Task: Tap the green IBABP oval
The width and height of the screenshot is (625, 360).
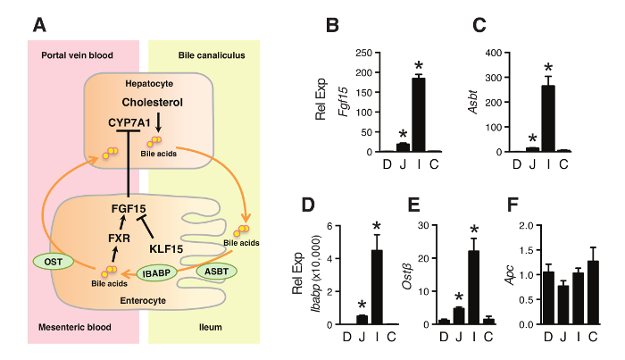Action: tap(157, 271)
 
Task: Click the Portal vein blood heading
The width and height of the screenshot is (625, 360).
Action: tap(78, 54)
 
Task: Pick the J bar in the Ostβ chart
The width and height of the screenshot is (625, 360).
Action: tap(458, 315)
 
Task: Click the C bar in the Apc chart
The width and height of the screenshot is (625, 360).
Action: tap(593, 291)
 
